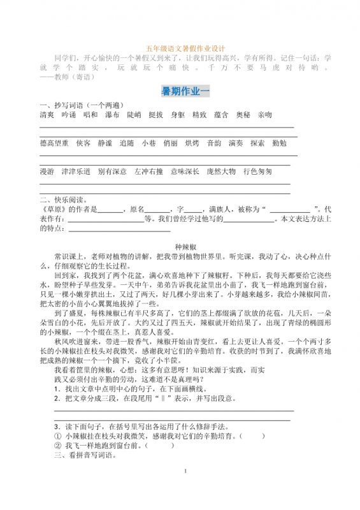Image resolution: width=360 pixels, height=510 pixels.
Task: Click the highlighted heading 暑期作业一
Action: click(x=185, y=92)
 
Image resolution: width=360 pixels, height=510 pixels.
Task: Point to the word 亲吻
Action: click(x=264, y=115)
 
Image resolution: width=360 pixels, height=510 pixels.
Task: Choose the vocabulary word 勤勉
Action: click(x=278, y=143)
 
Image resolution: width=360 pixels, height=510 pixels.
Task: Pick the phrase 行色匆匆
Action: click(x=257, y=172)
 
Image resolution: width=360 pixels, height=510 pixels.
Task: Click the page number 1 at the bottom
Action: click(x=184, y=489)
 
